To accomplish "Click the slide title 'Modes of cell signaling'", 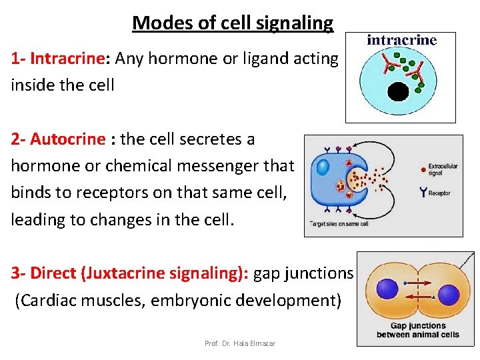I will (x=233, y=23).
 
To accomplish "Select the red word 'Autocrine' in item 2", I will (x=68, y=139).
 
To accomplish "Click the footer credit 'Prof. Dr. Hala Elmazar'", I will (x=240, y=343).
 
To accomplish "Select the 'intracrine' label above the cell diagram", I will (x=401, y=40).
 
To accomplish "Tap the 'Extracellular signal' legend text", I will (x=443, y=169).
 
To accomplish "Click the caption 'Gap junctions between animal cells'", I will (x=418, y=330).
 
